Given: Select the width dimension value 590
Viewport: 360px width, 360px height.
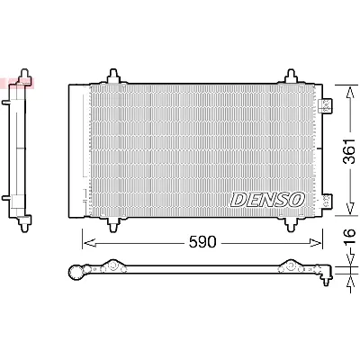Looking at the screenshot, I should [x=202, y=241].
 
